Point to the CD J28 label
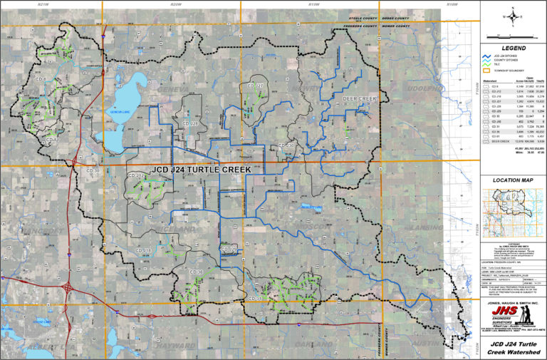click(189, 123)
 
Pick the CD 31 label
click(255, 297)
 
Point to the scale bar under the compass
click(511, 34)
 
